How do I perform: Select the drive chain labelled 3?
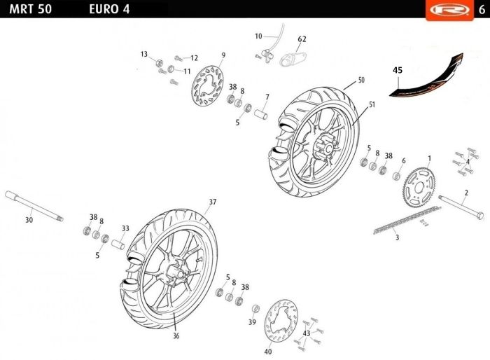tap(407, 220)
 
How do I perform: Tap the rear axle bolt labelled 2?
tap(461, 207)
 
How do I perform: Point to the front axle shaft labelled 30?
tap(34, 206)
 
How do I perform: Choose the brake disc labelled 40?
tap(281, 321)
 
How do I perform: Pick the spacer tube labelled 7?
tap(260, 114)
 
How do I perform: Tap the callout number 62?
tap(302, 39)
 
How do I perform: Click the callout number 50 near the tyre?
tap(361, 80)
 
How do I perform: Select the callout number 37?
tap(213, 202)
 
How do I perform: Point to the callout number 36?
tap(176, 335)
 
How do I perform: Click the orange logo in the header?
tap(449, 10)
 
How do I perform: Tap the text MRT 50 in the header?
tap(30, 9)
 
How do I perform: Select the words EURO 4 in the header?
tap(109, 9)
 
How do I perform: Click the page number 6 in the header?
tap(482, 10)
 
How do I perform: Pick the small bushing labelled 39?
tap(255, 309)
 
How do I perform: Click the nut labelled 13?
tap(159, 63)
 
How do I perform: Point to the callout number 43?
tap(307, 333)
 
